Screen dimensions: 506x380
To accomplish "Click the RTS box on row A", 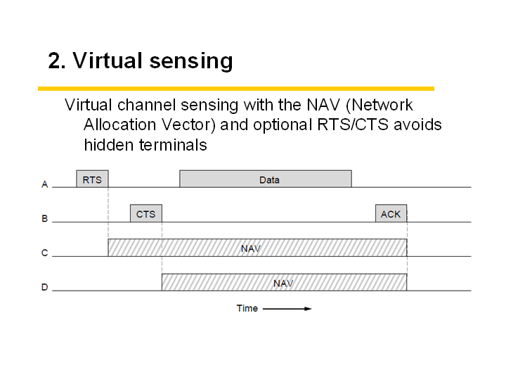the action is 92,179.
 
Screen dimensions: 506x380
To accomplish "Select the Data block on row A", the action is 266,179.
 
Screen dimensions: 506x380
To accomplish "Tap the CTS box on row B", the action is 146,213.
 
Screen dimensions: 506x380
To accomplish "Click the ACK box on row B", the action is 391,213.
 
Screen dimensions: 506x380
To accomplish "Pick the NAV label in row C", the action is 251,249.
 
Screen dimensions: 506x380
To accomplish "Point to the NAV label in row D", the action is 283,284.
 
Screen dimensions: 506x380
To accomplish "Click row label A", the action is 44,184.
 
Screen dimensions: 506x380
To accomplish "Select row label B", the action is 44,219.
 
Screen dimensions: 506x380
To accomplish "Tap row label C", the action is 44,253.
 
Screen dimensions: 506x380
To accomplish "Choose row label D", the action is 44,287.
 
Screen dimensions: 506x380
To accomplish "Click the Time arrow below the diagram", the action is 287,309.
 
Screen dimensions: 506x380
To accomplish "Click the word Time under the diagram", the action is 247,308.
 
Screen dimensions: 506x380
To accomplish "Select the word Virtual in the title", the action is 108,60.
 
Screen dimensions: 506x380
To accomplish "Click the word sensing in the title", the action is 191,61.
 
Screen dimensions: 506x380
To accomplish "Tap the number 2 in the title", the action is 54,61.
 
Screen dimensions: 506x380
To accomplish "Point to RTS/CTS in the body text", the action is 352,125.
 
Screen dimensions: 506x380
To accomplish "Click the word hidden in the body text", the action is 108,145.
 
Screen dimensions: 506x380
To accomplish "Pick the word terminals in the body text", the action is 173,145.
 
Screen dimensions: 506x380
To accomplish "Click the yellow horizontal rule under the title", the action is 236,89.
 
